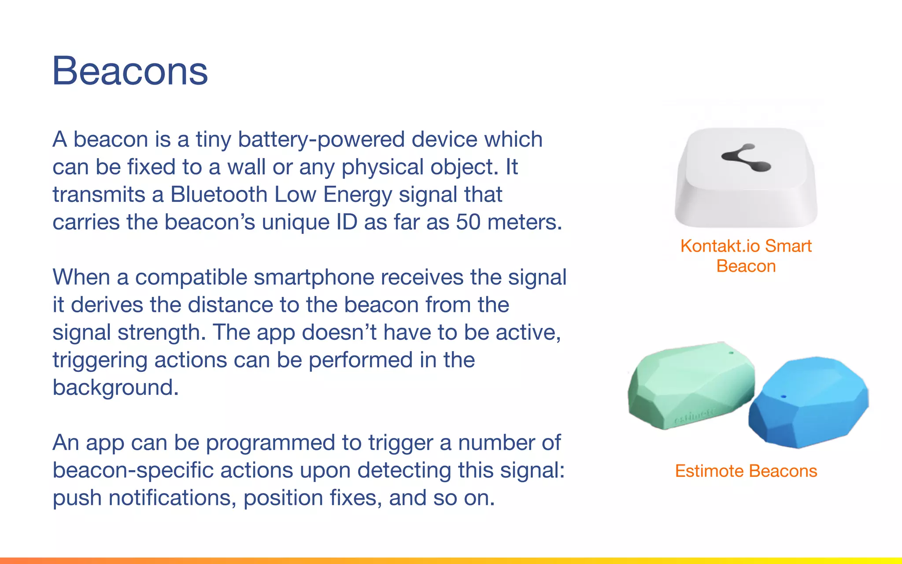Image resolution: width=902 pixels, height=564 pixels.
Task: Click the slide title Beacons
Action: point(130,71)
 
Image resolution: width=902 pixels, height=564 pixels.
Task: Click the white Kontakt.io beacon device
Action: point(746,189)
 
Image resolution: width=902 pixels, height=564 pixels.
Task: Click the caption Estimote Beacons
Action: point(746,471)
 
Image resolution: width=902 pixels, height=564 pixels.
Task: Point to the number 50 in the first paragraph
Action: point(468,222)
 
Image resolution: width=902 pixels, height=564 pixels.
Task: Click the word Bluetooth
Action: point(219,195)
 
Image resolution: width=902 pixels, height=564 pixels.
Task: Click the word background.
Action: point(115,388)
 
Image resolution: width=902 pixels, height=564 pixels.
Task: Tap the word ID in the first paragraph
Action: point(347,222)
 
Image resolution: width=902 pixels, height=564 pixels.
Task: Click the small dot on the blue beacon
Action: point(783,397)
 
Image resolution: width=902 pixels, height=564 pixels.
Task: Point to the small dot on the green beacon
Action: point(732,353)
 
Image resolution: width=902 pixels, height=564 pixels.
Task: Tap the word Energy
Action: point(357,195)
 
